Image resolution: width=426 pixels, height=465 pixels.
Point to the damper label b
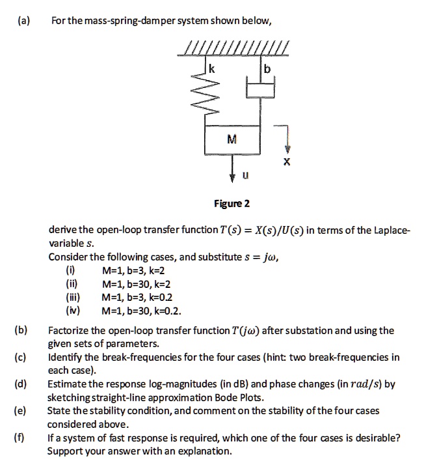click(x=267, y=68)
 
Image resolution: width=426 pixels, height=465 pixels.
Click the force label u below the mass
click(x=245, y=175)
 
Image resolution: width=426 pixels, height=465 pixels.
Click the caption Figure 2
click(x=232, y=204)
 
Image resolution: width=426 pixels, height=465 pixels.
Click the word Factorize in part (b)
click(x=69, y=330)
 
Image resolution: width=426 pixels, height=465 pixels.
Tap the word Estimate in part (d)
click(x=68, y=384)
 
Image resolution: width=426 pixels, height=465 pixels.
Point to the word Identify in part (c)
click(x=66, y=358)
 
